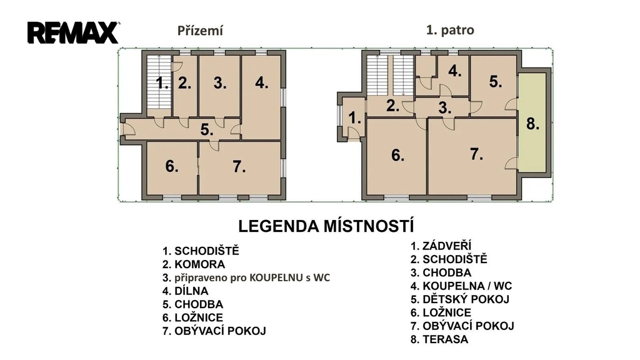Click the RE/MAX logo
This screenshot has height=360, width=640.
coord(74,32)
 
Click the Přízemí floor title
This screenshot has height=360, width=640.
coord(200,31)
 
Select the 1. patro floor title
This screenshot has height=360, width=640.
coord(450,30)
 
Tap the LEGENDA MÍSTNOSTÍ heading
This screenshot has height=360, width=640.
coord(326,226)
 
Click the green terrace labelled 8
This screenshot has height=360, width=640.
coord(532,122)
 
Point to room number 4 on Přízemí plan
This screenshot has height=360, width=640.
coord(262,83)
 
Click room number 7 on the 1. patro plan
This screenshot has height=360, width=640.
coord(476,154)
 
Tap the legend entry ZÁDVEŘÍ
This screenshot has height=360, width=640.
coord(441,246)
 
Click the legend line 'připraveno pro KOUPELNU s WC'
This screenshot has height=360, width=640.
coord(246,278)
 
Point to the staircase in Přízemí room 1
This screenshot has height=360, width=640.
coord(159,82)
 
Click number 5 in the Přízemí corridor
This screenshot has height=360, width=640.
coord(207,130)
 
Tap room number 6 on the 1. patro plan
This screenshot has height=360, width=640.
coord(397,156)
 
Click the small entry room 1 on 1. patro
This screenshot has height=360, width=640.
coord(354,119)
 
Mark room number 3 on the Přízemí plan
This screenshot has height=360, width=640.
coord(220,83)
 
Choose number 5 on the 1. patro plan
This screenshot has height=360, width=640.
coord(496,82)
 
